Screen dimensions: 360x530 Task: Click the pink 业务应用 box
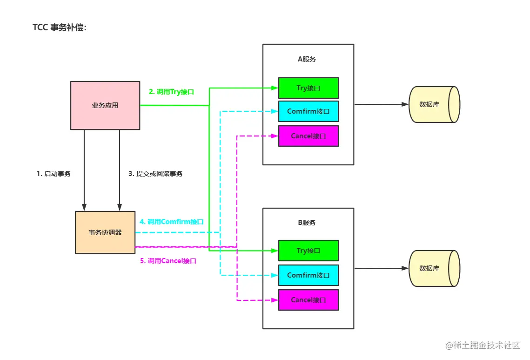(x=105, y=105)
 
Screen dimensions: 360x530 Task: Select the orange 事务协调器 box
(x=105, y=232)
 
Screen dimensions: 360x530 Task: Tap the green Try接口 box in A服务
(x=308, y=88)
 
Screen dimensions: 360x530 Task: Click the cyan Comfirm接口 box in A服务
(x=308, y=111)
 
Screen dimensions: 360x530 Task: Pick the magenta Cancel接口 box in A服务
(x=308, y=136)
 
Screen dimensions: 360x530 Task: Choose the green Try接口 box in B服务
(x=308, y=251)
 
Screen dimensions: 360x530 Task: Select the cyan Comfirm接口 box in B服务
(x=308, y=275)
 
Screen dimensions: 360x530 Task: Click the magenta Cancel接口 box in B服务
(x=308, y=300)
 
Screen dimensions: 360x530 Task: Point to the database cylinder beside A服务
(x=434, y=104)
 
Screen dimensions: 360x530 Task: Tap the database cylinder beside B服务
(x=434, y=268)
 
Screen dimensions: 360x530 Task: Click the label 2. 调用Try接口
(x=171, y=92)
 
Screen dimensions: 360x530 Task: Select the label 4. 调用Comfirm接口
(x=172, y=222)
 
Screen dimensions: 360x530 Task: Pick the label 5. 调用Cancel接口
(x=168, y=261)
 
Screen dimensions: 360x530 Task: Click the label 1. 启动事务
(x=54, y=174)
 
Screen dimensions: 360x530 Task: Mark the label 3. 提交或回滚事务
(x=155, y=174)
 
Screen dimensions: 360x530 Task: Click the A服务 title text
(x=307, y=59)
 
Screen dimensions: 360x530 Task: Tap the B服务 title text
(x=307, y=223)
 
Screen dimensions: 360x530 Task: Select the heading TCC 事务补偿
(x=60, y=27)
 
